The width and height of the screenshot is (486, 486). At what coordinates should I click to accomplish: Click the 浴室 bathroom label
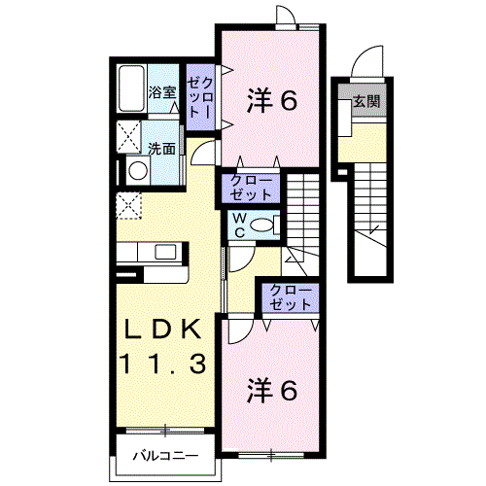[162, 92]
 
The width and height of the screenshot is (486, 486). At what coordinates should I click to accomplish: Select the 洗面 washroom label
[162, 149]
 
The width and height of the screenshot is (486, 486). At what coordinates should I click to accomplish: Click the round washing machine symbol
[135, 171]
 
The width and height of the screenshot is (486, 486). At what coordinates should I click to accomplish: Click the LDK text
[161, 329]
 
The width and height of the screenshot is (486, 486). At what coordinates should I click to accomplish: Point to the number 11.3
[162, 364]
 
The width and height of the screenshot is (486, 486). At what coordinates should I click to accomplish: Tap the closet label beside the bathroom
[201, 98]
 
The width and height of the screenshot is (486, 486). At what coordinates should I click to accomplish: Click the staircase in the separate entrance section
[371, 219]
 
